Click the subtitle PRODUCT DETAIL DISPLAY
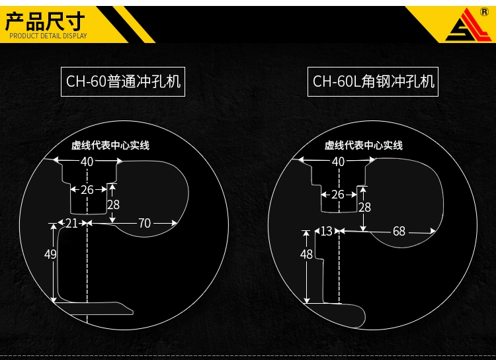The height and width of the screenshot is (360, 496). (48, 36)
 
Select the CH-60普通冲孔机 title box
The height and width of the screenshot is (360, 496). (124, 81)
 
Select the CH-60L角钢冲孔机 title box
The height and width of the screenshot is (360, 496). (374, 81)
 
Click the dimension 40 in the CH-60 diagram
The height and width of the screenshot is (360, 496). (87, 161)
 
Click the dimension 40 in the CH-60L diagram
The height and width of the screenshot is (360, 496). (338, 161)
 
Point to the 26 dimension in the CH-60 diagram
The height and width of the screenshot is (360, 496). (87, 190)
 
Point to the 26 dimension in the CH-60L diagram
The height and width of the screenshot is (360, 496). (338, 195)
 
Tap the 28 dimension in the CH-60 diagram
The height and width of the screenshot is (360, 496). (113, 204)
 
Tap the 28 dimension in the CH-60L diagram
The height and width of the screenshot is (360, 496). (364, 207)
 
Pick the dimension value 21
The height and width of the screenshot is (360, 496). (71, 224)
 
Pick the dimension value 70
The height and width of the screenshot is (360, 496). (144, 224)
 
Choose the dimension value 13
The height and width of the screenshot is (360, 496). (326, 232)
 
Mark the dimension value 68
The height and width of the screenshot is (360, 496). (399, 232)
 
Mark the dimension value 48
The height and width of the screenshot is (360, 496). (306, 254)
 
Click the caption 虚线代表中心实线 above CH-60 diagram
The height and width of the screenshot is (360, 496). (110, 145)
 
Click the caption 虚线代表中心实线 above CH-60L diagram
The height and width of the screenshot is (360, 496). (364, 145)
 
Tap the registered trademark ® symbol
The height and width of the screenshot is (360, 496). (485, 12)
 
